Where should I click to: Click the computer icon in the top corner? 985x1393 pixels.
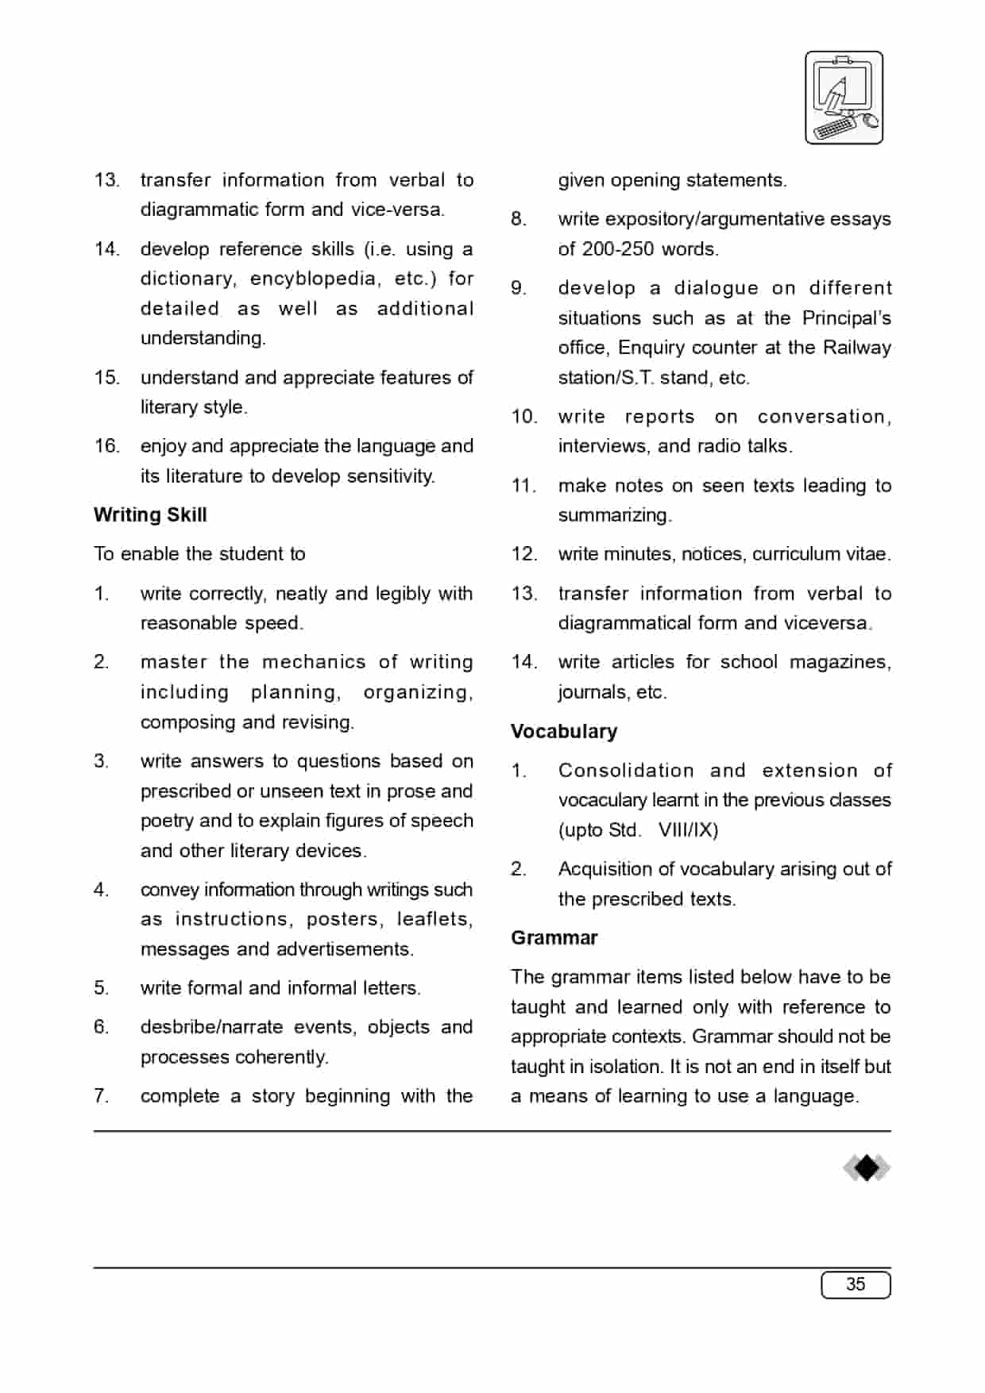pos(844,98)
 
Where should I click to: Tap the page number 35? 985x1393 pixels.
pos(856,1284)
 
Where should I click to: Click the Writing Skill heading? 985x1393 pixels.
pos(150,515)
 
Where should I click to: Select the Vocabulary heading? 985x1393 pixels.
pos(564,731)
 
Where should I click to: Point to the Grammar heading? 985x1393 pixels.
pos(554,937)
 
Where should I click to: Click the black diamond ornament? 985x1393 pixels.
pos(867,1168)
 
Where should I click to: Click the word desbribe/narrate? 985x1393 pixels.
pos(211,1027)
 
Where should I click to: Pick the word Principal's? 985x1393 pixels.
pos(846,318)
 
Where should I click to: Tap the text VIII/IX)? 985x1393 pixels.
pos(688,830)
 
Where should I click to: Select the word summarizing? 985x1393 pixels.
pos(614,515)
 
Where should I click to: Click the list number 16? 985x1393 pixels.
pos(106,446)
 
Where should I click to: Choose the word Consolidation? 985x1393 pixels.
pos(626,771)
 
